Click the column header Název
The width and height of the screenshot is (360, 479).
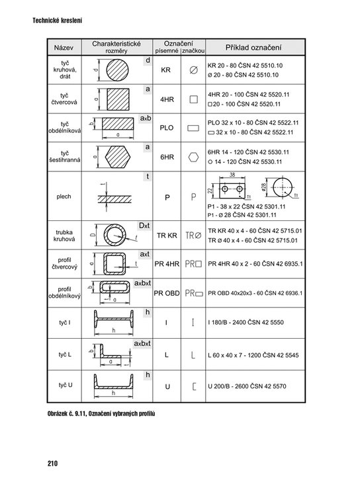coord(64,48)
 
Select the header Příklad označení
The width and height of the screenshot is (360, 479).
coord(253,48)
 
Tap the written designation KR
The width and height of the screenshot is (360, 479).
coord(165,70)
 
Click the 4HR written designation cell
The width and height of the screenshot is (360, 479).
coord(167,99)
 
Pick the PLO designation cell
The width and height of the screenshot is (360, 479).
coord(167,128)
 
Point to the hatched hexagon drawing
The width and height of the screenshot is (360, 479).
coord(117,157)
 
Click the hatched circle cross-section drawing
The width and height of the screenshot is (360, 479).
coord(117,70)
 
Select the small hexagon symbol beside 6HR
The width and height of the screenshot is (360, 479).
coord(193,157)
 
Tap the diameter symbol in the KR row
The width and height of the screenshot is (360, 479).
coord(193,70)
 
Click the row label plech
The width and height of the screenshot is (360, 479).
coord(64,196)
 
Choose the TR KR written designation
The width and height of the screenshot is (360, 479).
coord(167,236)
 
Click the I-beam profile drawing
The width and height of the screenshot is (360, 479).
coord(114,320)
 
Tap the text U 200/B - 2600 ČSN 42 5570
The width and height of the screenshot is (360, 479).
coord(247,386)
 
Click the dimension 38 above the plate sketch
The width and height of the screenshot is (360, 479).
coord(232,175)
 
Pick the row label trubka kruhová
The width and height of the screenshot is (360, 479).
coord(64,236)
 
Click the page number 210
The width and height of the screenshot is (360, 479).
coord(52,463)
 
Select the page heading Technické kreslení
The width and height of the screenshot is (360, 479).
coord(57,21)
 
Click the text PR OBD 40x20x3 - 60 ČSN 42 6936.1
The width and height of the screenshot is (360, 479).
coord(255,293)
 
